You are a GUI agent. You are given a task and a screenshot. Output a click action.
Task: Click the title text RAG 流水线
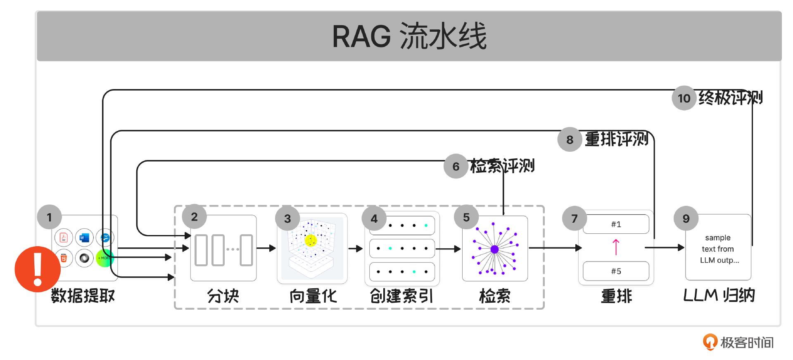tap(409, 36)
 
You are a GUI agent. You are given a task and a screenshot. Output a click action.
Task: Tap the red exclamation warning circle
tap(38, 269)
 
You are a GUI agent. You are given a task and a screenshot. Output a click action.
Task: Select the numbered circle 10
tap(684, 98)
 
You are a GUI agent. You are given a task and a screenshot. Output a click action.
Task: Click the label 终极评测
tap(730, 98)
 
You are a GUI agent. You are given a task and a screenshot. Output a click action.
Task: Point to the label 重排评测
tap(616, 139)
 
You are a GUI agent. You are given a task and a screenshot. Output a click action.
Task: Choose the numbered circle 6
tap(456, 166)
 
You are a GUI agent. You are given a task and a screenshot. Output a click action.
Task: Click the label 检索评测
tap(502, 166)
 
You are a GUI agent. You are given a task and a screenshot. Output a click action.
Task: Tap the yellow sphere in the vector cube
tap(310, 240)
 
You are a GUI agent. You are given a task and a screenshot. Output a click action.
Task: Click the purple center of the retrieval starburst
tap(494, 249)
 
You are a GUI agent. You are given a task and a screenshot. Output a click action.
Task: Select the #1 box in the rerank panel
tap(616, 224)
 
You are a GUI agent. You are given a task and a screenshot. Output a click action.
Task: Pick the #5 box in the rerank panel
tap(616, 271)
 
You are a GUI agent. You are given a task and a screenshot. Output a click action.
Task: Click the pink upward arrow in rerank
tap(616, 247)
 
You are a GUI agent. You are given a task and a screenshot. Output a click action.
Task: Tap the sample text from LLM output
tap(718, 249)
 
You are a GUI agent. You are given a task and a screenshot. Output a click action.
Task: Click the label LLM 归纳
tap(719, 296)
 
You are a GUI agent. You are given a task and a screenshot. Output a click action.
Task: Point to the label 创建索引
tap(401, 296)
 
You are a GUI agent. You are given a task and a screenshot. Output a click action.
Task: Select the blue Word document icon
tap(84, 238)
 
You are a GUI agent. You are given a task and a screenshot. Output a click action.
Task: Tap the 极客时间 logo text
tap(746, 342)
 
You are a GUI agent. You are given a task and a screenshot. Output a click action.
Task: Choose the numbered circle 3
tap(287, 219)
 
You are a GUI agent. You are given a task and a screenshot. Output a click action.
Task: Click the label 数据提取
tap(83, 296)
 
